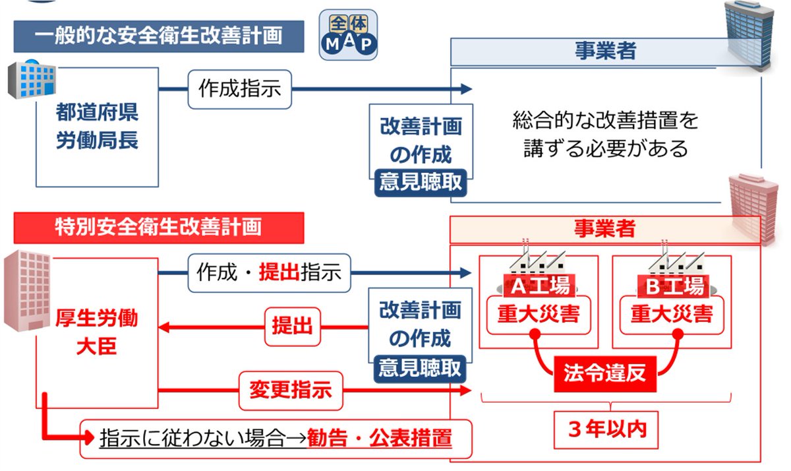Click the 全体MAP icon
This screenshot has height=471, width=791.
click(349, 35)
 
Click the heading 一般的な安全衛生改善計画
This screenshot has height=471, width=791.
click(158, 36)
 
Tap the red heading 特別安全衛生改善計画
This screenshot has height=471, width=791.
click(158, 227)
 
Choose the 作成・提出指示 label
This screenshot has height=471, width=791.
click(269, 272)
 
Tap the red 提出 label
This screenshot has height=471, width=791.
click(292, 326)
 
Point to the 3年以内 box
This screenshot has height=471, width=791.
click(607, 429)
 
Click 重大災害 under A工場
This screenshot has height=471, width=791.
click(538, 313)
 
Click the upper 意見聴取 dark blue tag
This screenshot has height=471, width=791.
click(421, 181)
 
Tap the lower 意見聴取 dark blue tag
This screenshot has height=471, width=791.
click(421, 367)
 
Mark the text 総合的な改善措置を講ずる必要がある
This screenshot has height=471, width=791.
click(605, 135)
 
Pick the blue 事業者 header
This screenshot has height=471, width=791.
click(605, 51)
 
